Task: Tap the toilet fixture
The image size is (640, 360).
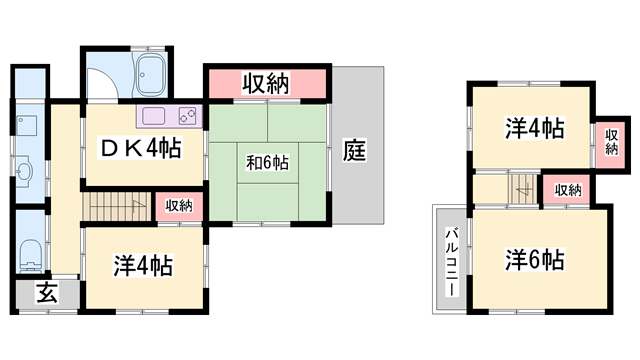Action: click(x=31, y=255)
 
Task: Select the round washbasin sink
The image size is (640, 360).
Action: click(x=25, y=171)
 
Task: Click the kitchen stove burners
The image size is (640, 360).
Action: click(x=190, y=116)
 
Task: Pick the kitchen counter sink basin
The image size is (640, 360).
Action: click(x=153, y=116)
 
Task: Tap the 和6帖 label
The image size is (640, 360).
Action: click(x=267, y=163)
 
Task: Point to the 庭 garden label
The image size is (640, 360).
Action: click(x=354, y=150)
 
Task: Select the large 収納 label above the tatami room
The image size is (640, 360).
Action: click(x=266, y=83)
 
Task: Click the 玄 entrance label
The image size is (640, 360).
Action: click(x=47, y=293)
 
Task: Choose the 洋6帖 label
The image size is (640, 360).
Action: click(x=535, y=259)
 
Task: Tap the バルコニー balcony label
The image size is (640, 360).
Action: click(x=451, y=262)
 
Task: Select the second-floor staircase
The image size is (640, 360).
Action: click(x=524, y=189)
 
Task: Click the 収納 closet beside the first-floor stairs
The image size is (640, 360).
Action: click(x=179, y=206)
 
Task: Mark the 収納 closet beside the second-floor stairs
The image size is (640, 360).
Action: click(x=568, y=190)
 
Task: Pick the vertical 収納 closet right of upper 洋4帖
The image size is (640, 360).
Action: click(x=611, y=142)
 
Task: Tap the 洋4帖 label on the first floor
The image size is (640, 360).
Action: click(x=142, y=265)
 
